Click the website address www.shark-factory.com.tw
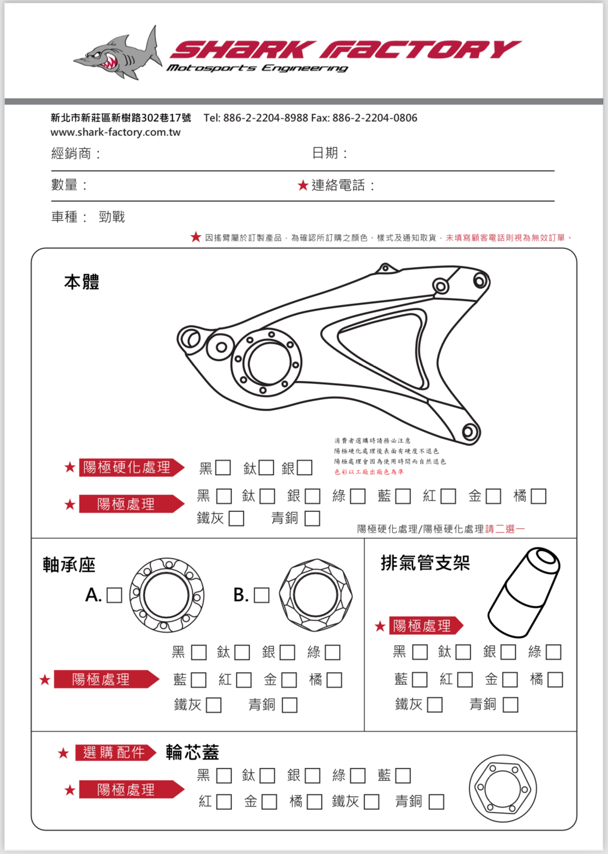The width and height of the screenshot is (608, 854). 116,132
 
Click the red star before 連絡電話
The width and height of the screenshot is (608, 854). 303,185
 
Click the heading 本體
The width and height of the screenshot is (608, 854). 81,282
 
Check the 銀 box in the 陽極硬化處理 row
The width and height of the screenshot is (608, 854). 304,468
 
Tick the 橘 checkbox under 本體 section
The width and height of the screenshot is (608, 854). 538,496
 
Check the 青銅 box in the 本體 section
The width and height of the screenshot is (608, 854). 312,518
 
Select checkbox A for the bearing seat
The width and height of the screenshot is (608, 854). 114,595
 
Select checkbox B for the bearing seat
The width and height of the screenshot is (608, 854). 261,595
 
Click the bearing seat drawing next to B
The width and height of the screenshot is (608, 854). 315,595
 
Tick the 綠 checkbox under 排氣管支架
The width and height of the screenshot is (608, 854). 553,652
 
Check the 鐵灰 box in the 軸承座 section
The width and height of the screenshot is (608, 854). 214,705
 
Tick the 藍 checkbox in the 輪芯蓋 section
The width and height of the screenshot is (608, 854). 402,776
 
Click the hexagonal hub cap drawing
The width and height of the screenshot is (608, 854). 503,789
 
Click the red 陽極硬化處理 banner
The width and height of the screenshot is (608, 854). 128,467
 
